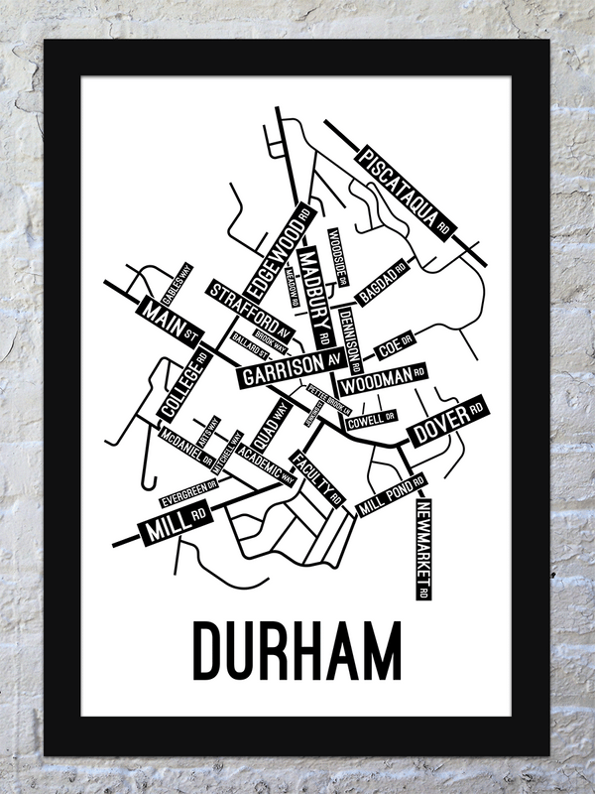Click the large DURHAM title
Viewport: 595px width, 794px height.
(297, 650)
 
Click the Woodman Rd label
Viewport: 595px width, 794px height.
(383, 378)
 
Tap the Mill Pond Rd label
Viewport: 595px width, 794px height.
(392, 491)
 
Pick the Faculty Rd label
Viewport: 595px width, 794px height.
(315, 478)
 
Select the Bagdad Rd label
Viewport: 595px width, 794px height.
(384, 283)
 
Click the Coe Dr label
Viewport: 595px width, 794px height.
(395, 347)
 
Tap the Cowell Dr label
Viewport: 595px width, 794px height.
(371, 422)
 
